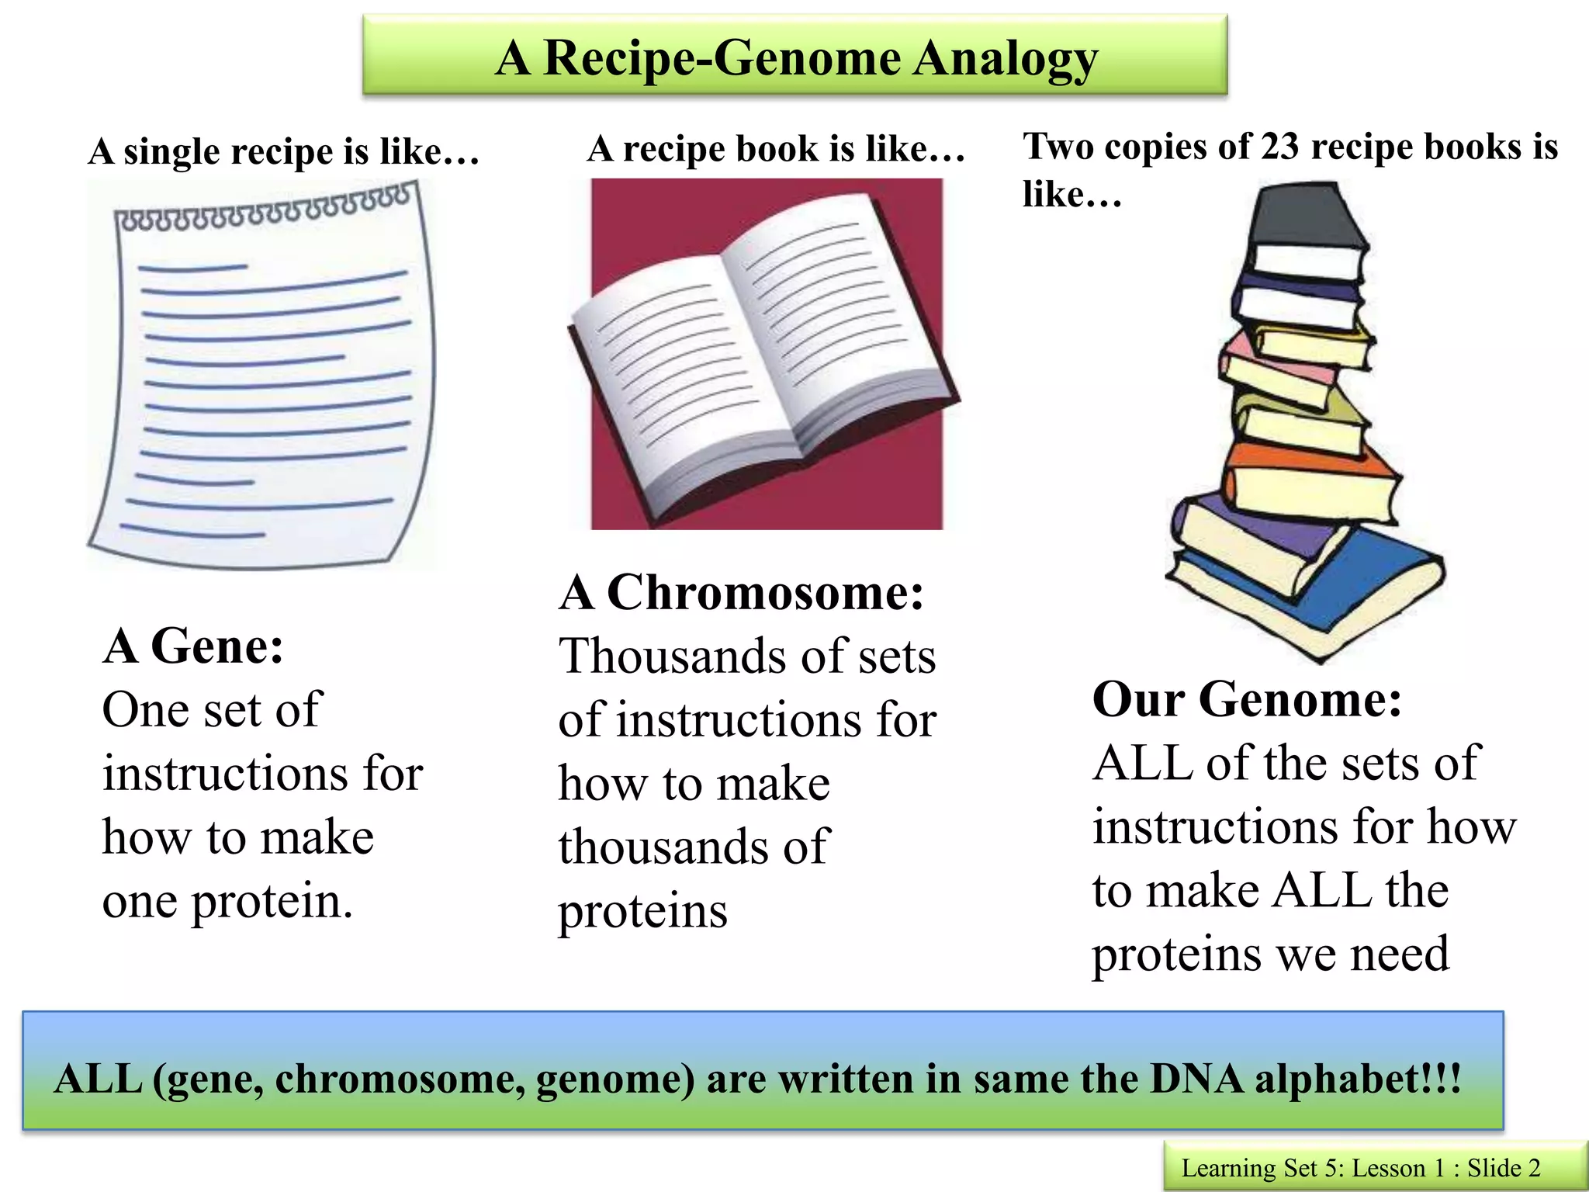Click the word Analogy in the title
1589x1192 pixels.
coord(1005,58)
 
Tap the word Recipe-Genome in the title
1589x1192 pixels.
coord(725,58)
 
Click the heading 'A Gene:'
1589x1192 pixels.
coord(193,646)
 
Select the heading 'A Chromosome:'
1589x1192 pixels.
coord(742,593)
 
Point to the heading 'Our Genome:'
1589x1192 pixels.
coord(1247,699)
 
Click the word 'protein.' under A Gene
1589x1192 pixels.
coord(272,902)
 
